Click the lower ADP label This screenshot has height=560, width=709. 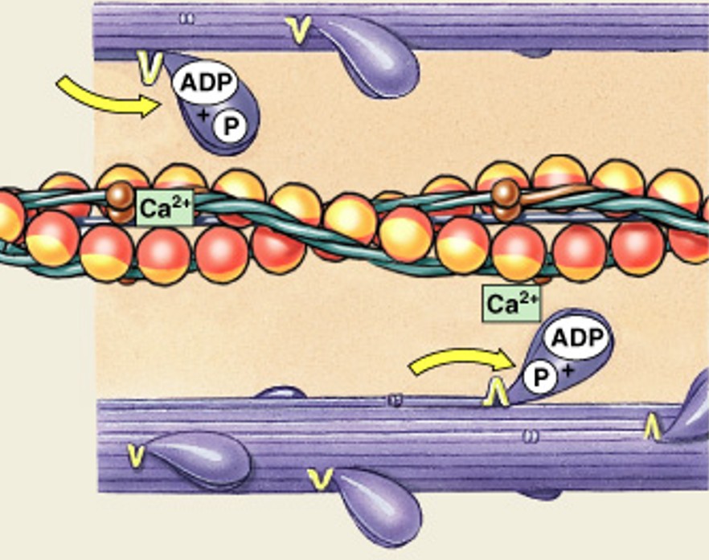pyautogui.click(x=576, y=338)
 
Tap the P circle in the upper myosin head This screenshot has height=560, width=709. pyautogui.click(x=232, y=125)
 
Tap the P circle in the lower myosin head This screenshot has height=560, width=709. pyautogui.click(x=543, y=376)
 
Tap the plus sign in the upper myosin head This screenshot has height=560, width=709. pyautogui.click(x=203, y=117)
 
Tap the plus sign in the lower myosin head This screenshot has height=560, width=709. pyautogui.click(x=568, y=369)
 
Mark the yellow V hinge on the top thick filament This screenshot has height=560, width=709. pyautogui.click(x=300, y=30)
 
